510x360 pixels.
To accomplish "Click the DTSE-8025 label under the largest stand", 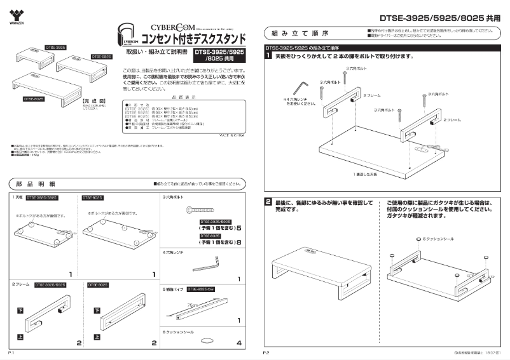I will tap(34, 99).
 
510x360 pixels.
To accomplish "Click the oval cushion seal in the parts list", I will tap(206, 342).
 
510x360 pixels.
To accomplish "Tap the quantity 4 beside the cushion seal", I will tap(238, 343).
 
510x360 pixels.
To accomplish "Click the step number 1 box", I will tap(268, 56).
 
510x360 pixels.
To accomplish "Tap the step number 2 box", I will tap(268, 202).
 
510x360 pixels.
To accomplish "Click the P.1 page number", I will tap(11, 351).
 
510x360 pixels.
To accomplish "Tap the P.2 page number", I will tap(267, 351).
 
